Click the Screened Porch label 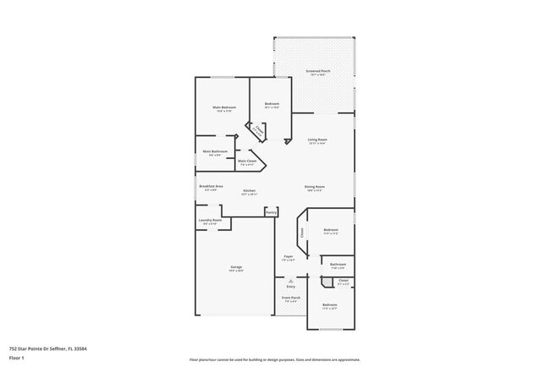click(x=318, y=72)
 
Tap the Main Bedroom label click(x=224, y=108)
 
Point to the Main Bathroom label click(x=215, y=151)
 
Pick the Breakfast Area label click(x=211, y=186)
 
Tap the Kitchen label click(x=250, y=191)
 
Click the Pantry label click(x=271, y=212)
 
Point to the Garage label click(x=236, y=267)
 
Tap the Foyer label click(x=288, y=256)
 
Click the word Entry click(x=291, y=287)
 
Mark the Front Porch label click(x=291, y=299)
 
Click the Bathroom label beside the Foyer click(x=338, y=265)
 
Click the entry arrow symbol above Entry click(x=291, y=281)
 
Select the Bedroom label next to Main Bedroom click(x=272, y=104)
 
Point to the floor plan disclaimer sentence click(x=274, y=359)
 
